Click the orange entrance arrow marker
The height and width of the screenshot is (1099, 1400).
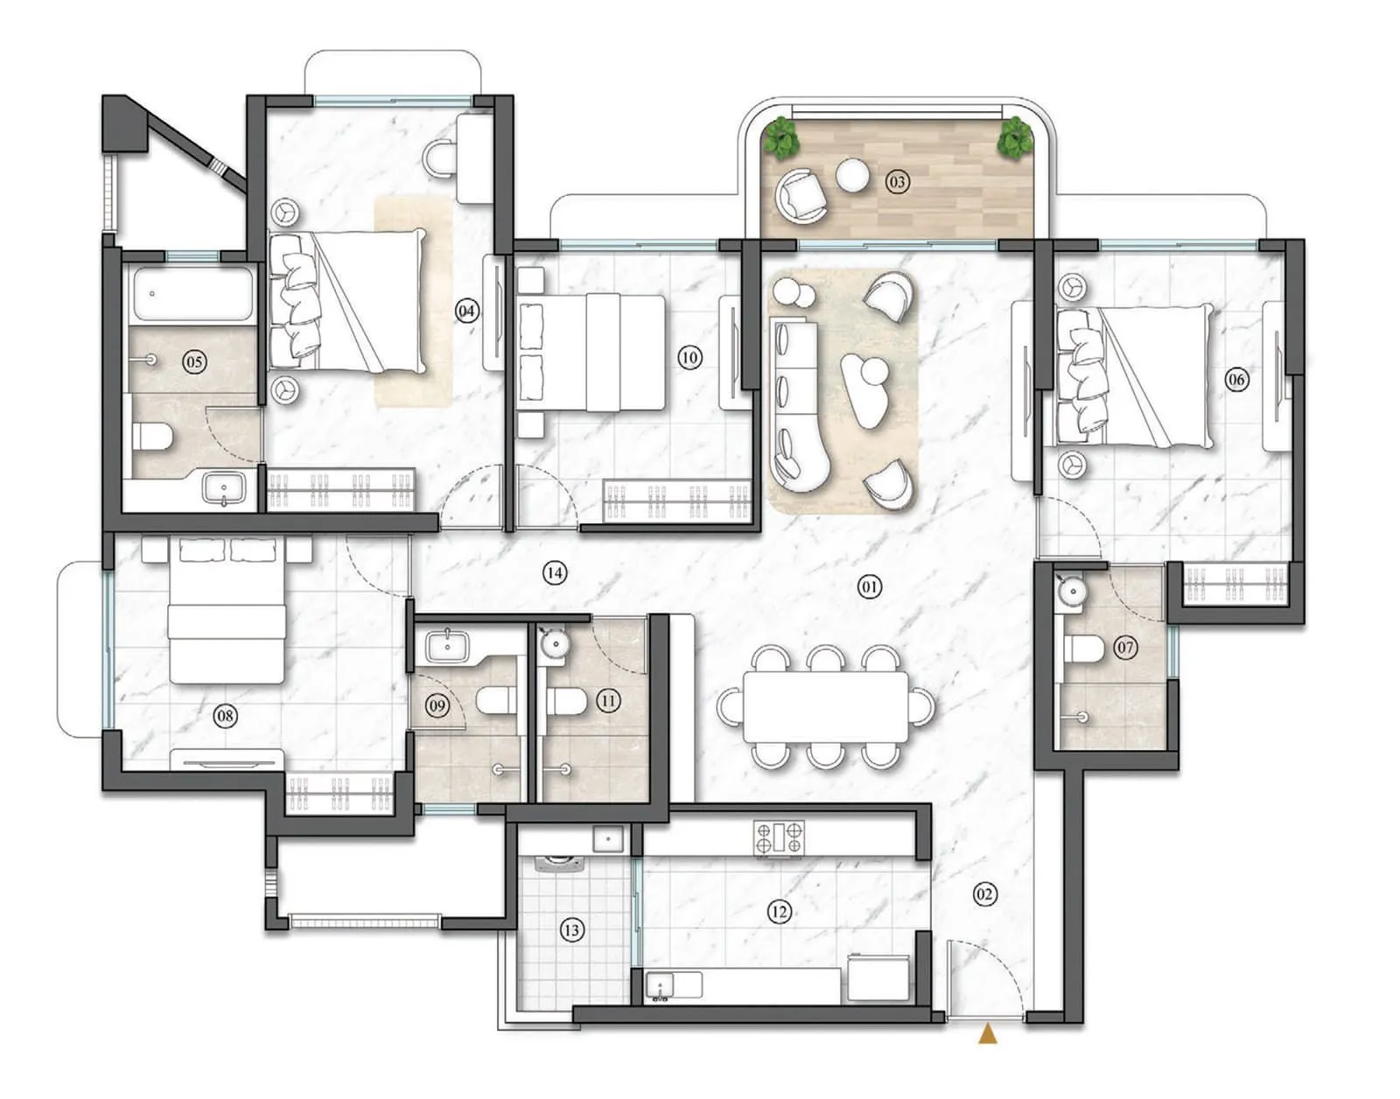(x=988, y=1035)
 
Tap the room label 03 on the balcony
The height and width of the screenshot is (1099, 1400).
(x=897, y=182)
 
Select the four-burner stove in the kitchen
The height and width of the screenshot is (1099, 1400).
(x=779, y=837)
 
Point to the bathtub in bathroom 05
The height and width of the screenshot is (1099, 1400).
(x=192, y=295)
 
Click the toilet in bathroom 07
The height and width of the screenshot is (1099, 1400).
(x=1083, y=649)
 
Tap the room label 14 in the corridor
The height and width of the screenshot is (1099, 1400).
(x=554, y=573)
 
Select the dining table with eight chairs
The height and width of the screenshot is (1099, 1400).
(x=825, y=707)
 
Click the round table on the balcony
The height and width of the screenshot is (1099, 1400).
(x=851, y=176)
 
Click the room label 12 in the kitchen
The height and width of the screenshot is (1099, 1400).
(x=779, y=913)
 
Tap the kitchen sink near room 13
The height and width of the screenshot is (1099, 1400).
(x=662, y=985)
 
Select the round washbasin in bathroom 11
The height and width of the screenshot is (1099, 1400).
(x=554, y=644)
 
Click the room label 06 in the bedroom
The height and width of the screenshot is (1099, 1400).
(x=1235, y=379)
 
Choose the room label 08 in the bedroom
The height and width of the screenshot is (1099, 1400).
(x=225, y=717)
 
